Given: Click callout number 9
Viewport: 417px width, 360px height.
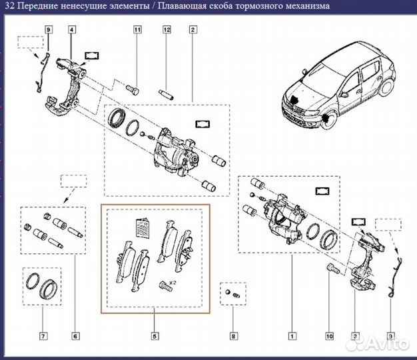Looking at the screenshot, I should point(49,29).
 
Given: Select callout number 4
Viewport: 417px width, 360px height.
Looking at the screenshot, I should point(72,29).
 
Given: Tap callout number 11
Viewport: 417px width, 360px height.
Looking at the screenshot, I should point(137,29).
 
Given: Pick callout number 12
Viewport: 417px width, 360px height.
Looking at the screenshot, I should point(167,29).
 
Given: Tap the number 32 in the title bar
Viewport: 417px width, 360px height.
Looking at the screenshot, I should point(9,7).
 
